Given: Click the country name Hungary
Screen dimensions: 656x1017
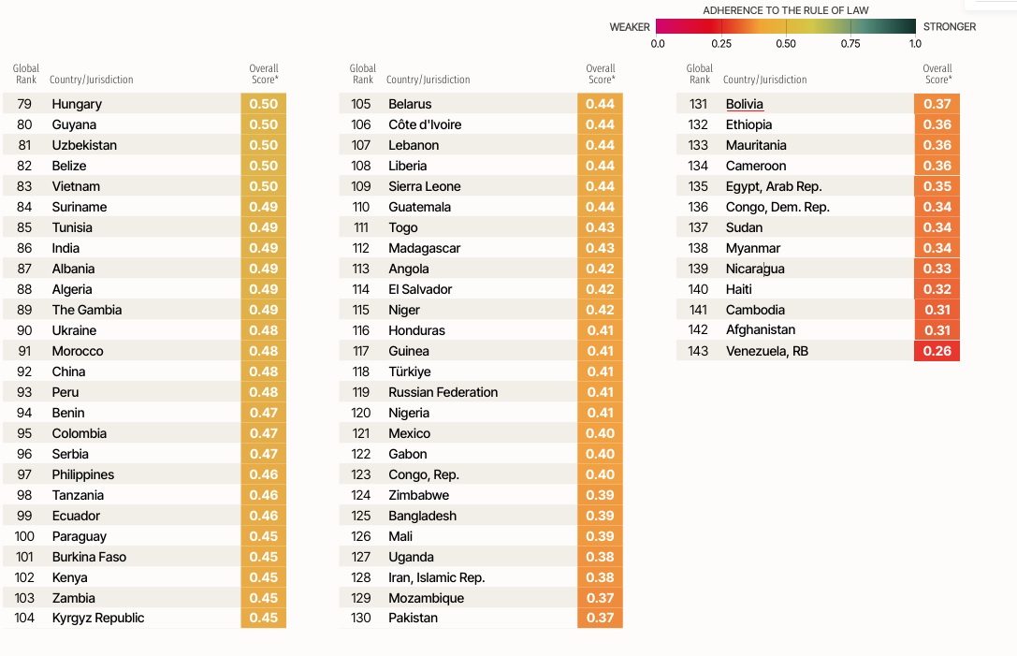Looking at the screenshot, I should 77,104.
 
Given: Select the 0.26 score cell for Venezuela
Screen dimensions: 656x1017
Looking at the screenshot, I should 937,351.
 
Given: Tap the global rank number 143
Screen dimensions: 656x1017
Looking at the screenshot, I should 698,351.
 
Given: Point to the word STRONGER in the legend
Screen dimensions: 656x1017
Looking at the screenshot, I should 949,27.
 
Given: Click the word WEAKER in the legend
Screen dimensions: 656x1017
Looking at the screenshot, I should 630,27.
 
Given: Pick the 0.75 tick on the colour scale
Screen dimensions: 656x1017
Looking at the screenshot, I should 850,43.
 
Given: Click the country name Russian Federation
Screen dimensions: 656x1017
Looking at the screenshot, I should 443,392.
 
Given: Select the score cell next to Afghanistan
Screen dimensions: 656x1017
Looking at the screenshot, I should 937,330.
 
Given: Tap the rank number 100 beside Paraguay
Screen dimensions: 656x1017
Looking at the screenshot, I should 24,536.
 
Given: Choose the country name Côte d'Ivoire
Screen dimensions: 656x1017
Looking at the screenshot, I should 425,124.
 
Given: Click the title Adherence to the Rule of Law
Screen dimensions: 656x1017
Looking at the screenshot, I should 785,10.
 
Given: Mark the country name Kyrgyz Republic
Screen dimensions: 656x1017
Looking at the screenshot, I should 98,618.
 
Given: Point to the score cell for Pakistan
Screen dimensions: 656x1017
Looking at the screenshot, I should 600,618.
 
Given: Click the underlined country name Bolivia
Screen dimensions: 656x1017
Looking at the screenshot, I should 744,104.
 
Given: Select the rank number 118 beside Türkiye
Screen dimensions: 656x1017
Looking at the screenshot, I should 361,372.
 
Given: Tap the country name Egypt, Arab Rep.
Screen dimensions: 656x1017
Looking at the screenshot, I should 774,186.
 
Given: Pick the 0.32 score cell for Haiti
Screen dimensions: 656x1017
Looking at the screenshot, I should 937,289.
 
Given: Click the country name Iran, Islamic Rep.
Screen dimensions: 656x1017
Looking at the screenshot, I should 436,577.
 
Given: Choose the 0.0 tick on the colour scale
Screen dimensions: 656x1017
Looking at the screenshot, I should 658,43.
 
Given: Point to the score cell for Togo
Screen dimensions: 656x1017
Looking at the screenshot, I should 600,227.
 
